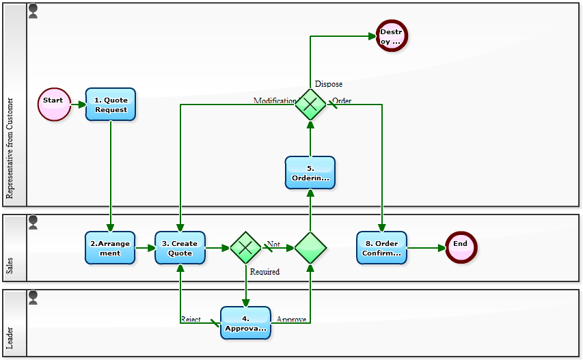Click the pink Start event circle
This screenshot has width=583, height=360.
[54, 104]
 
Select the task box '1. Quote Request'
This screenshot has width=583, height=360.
[111, 105]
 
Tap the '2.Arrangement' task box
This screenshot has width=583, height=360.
[110, 248]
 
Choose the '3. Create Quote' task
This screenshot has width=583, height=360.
[180, 248]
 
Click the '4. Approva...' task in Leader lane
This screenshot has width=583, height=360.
[245, 323]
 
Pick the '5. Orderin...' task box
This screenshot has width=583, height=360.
[310, 173]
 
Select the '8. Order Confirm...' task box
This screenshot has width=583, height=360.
[381, 248]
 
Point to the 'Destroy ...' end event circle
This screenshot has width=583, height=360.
[391, 36]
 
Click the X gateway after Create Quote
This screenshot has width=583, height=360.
[245, 248]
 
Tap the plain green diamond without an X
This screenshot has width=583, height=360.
[310, 248]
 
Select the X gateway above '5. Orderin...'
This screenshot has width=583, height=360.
[310, 105]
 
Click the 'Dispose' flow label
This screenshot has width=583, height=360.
[329, 84]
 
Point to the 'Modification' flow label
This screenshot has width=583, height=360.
[275, 100]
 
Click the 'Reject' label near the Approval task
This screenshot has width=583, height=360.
[191, 319]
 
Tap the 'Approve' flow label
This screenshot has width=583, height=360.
[291, 319]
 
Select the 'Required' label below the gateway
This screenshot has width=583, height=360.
[265, 271]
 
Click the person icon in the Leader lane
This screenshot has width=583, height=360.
[33, 297]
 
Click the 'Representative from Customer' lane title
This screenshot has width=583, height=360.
[10, 148]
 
